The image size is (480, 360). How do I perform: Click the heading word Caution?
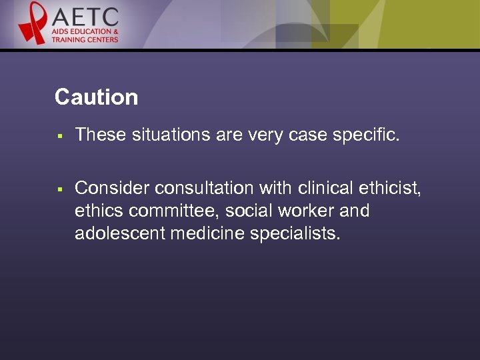96,97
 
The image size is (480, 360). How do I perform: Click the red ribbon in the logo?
32,23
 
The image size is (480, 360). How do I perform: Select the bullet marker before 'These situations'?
59,135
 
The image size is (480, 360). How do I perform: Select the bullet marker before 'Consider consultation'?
59,189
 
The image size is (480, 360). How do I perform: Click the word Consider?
111,189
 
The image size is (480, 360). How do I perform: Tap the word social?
248,211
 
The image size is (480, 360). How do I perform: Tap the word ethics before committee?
99,211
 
